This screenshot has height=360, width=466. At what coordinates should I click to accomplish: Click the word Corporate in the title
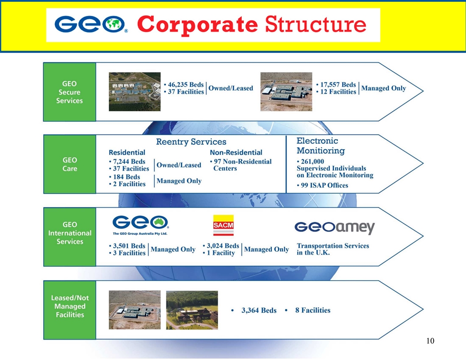(x=198, y=25)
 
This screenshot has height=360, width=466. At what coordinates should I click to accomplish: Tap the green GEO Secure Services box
(x=69, y=92)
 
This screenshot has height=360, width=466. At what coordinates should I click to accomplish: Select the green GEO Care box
(x=69, y=164)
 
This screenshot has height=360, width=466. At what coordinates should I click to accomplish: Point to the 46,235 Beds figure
(x=184, y=85)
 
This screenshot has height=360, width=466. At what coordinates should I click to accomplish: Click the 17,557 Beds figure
(x=336, y=85)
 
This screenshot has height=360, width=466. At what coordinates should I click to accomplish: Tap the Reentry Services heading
(x=191, y=142)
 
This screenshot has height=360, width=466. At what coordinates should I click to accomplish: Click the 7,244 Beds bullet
(x=129, y=161)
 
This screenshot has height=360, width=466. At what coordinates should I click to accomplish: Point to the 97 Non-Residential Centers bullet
(x=241, y=165)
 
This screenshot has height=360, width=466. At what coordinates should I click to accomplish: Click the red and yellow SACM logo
(x=223, y=226)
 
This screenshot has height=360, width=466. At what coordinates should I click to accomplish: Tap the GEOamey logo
(x=334, y=228)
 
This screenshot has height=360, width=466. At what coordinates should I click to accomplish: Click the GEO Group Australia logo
(x=140, y=225)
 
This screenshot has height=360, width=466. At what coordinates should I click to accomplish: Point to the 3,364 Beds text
(x=259, y=310)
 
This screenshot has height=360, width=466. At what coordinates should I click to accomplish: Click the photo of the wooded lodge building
(x=192, y=310)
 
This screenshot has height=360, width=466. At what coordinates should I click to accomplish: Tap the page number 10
(x=431, y=341)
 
